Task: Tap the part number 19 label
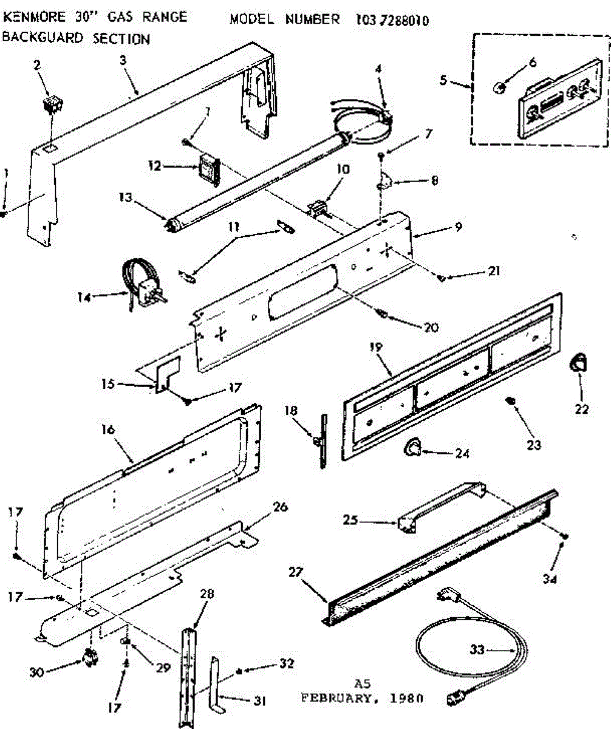[375, 347]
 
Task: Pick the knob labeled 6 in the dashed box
[499, 89]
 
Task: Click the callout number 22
[581, 409]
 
